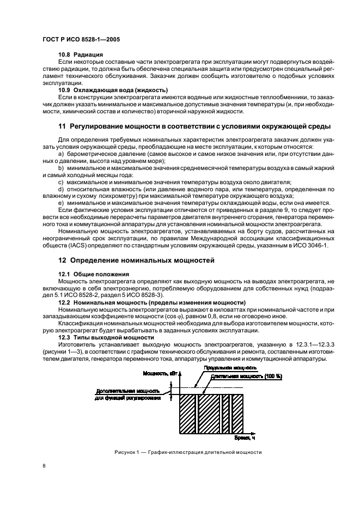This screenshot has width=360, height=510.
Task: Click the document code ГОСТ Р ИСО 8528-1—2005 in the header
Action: (81, 39)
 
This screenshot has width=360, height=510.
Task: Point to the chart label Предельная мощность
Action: (224, 368)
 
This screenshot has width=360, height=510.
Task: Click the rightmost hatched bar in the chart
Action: (237, 413)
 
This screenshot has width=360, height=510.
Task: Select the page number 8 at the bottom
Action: (45, 466)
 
